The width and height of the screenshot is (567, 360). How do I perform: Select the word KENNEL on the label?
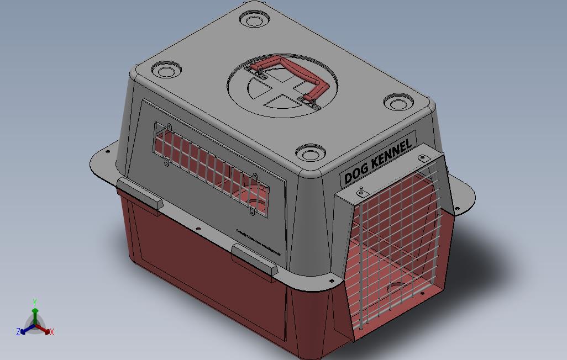pyautogui.click(x=392, y=153)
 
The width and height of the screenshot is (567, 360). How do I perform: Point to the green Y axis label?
pyautogui.click(x=34, y=303)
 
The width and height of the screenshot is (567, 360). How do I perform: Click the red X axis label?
pyautogui.click(x=52, y=332)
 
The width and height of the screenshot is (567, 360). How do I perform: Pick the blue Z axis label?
pyautogui.click(x=18, y=332)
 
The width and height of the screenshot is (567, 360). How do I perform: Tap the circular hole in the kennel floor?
pyautogui.click(x=396, y=288)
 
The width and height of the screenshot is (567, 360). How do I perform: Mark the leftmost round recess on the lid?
pyautogui.click(x=165, y=71)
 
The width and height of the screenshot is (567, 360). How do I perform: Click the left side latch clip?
pyautogui.click(x=139, y=195)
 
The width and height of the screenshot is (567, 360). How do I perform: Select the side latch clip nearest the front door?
pyautogui.click(x=254, y=261)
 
